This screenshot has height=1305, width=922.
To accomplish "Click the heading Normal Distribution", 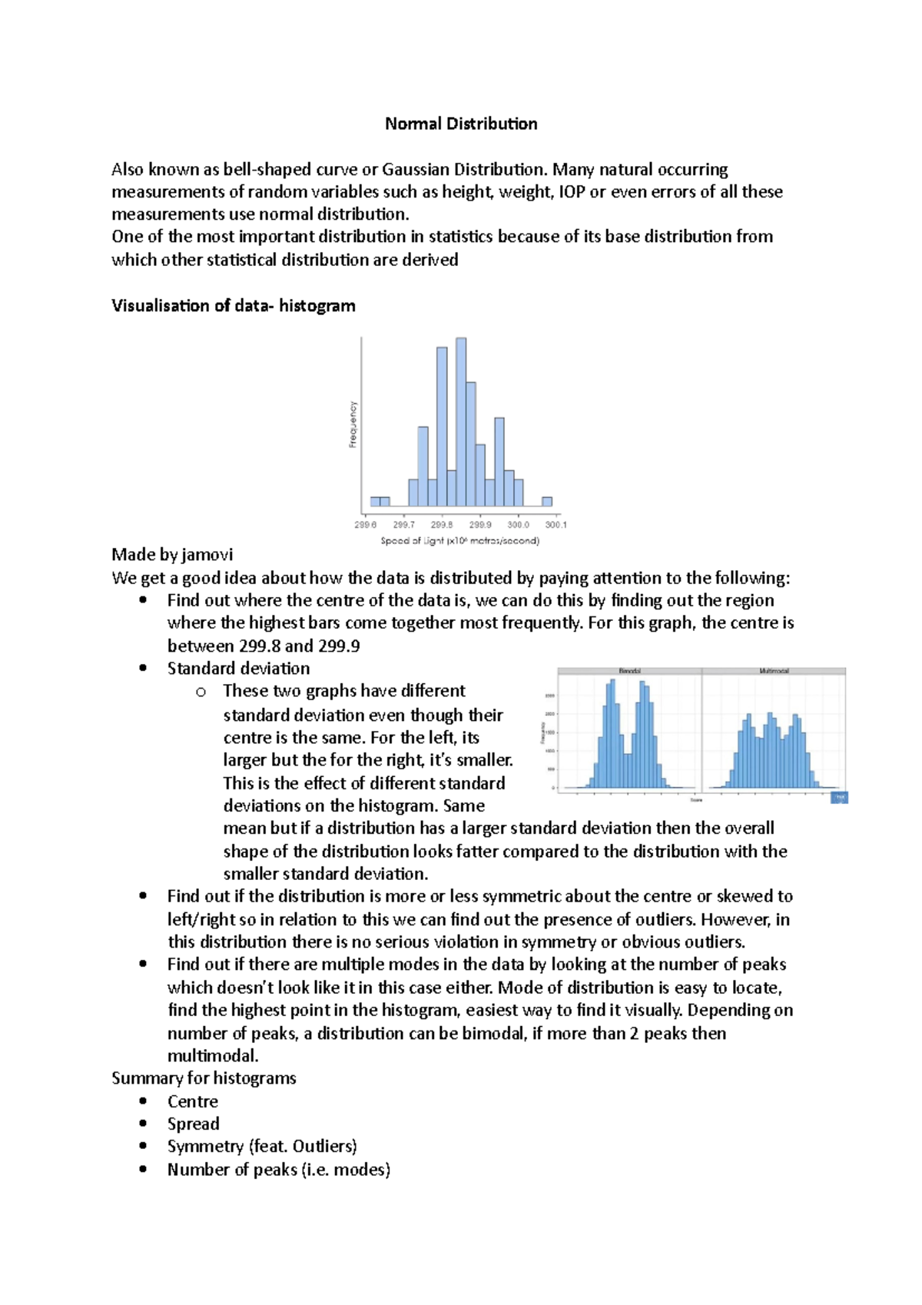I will click(461, 124).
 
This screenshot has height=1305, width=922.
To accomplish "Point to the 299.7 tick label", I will click(403, 525).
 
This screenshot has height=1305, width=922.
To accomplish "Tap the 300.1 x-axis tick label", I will click(556, 525).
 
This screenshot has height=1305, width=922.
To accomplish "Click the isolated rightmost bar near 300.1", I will click(547, 502).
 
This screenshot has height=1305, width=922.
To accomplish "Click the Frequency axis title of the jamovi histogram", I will click(353, 424).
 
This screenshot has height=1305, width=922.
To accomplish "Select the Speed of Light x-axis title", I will click(459, 541).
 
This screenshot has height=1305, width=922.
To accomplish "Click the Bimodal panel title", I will click(629, 671).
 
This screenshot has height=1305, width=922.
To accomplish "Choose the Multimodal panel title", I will click(774, 671).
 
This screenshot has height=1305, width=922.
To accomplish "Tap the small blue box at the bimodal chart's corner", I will click(839, 798).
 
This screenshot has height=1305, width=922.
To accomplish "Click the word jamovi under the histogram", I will click(207, 555).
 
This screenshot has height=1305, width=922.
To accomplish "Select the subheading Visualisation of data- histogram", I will click(234, 306).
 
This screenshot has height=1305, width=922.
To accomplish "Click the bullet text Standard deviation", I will click(239, 669).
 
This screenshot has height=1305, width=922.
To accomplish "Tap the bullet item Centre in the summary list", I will click(193, 1101).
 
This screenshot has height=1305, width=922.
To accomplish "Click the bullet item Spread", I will click(194, 1124).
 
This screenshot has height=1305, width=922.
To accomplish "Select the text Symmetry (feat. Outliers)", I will click(262, 1147).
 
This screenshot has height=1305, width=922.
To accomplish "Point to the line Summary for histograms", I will click(204, 1078).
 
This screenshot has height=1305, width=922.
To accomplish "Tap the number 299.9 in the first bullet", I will click(338, 646).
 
